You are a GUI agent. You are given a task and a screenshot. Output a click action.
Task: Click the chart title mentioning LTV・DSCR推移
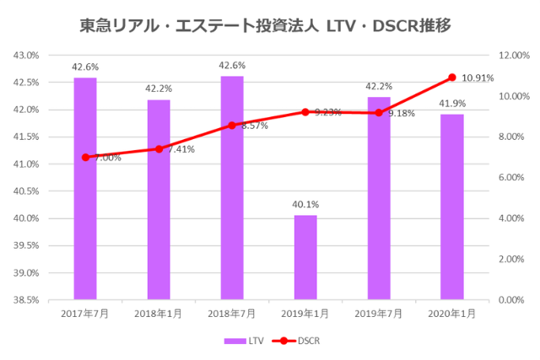point(270,25)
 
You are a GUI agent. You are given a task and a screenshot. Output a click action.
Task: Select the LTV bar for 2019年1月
point(305,257)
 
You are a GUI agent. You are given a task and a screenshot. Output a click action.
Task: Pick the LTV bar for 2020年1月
point(452,207)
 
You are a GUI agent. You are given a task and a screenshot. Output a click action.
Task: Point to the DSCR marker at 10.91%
point(452,78)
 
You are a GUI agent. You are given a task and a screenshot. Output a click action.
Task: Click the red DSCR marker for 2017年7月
point(85,157)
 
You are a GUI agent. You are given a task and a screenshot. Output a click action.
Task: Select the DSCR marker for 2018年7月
point(232,125)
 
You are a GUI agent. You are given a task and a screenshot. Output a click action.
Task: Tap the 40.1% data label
point(305,204)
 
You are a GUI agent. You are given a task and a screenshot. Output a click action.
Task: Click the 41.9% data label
point(452,103)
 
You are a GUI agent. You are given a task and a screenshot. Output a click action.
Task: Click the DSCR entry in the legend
point(300,341)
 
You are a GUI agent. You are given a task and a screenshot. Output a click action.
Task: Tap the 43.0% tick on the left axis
point(27,56)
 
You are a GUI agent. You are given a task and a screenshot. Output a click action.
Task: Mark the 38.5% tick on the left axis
point(27,300)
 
